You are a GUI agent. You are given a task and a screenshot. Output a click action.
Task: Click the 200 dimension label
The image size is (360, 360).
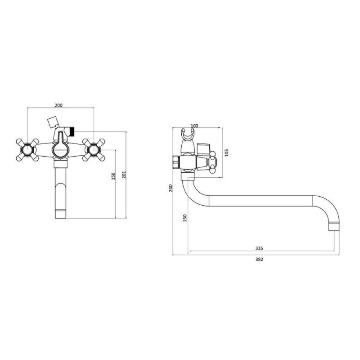pyautogui.click(x=58, y=105)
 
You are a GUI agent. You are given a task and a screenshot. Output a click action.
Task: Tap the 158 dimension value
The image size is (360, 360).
pyautogui.click(x=113, y=176)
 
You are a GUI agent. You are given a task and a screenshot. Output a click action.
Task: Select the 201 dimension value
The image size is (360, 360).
pyautogui.click(x=124, y=175)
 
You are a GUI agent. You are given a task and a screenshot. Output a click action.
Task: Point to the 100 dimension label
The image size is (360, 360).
pyautogui.click(x=194, y=126)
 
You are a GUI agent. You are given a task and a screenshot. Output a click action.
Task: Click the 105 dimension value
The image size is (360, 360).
pyautogui.click(x=227, y=153)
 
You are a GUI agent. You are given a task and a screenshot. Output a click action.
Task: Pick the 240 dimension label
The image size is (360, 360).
pyautogui.click(x=171, y=188)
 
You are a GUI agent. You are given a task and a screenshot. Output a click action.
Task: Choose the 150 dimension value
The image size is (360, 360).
pyautogui.click(x=185, y=218)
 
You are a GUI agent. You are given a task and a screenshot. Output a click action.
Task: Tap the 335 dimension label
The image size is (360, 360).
pyautogui.click(x=259, y=248)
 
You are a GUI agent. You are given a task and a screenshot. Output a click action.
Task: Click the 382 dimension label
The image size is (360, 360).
pyautogui.click(x=259, y=260)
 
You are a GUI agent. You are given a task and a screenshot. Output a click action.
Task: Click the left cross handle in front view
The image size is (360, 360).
pyautogui.click(x=27, y=150)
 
